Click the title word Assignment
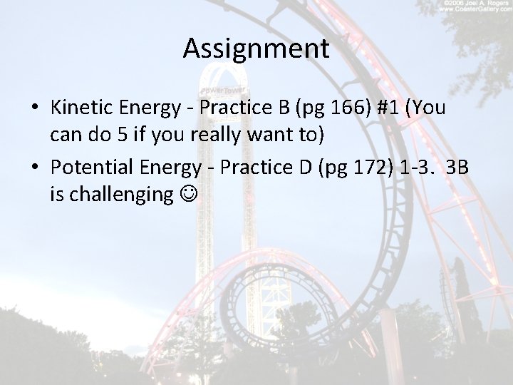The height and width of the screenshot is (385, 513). tap(256, 48)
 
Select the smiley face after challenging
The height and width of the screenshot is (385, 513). tap(187, 194)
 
